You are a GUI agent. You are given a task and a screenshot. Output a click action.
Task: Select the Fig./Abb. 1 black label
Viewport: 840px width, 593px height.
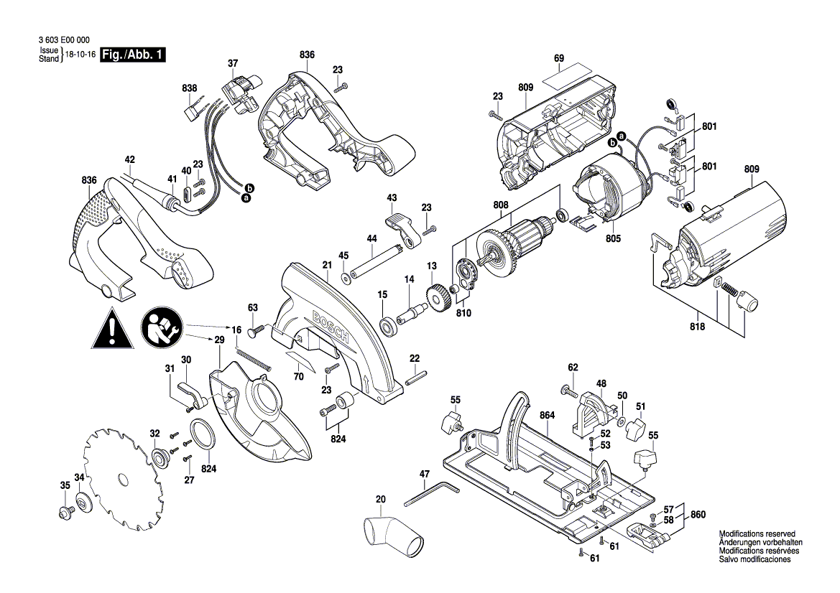(134, 55)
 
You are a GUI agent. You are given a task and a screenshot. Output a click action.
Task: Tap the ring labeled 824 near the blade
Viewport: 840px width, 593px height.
(203, 435)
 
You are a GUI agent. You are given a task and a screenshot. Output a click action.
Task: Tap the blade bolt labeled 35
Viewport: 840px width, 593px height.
(64, 513)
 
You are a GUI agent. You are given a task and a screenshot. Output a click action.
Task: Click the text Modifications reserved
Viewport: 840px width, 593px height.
(757, 535)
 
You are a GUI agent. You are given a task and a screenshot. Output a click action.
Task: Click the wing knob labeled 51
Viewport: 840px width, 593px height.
(637, 431)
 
